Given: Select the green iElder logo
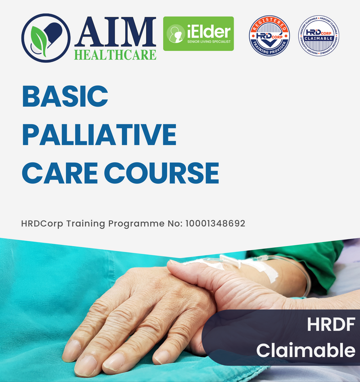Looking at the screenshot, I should (x=198, y=34).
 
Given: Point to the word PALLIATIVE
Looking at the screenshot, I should (x=99, y=134).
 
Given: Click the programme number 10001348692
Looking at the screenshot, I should (x=215, y=223).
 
